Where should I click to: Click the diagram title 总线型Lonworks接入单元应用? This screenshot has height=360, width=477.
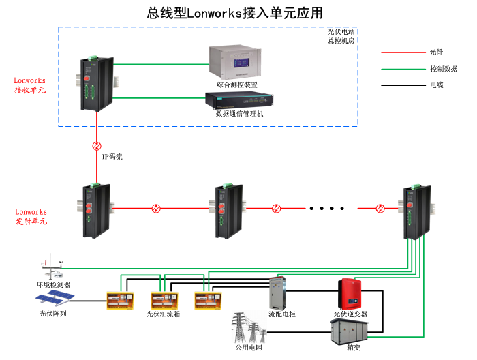[234, 13]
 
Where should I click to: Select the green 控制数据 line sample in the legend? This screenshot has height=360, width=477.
[403, 69]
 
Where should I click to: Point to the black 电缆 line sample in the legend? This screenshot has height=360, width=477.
[403, 85]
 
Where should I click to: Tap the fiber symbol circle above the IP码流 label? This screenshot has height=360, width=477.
[97, 145]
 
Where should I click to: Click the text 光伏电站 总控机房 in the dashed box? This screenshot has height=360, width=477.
[341, 36]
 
